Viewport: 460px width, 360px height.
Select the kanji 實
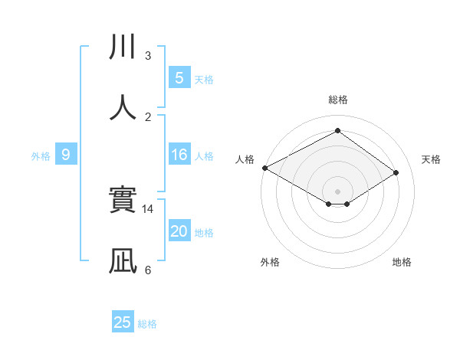tap(123, 201)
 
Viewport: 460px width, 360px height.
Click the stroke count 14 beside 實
tap(148, 208)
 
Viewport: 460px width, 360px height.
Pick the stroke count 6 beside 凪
tap(148, 270)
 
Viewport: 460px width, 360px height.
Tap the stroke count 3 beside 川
tap(148, 56)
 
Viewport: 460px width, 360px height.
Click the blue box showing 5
tap(179, 77)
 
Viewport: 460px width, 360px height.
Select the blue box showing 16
tap(179, 155)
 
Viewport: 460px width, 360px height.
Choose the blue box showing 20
tap(179, 231)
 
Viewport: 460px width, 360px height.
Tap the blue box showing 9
tap(66, 155)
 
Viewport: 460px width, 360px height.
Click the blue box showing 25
tap(123, 322)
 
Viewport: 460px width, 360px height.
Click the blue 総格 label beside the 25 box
tap(148, 324)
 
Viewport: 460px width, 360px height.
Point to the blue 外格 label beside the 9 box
tap(41, 156)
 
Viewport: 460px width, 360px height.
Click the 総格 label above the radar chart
tap(337, 100)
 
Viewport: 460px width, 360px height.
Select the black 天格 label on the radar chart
tap(431, 159)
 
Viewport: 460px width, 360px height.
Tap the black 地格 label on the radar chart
tap(402, 262)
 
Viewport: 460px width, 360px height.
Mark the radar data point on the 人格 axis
tap(264, 168)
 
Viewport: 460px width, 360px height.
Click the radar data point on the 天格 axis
tap(396, 173)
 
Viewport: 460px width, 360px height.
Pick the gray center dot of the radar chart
tap(337, 191)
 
